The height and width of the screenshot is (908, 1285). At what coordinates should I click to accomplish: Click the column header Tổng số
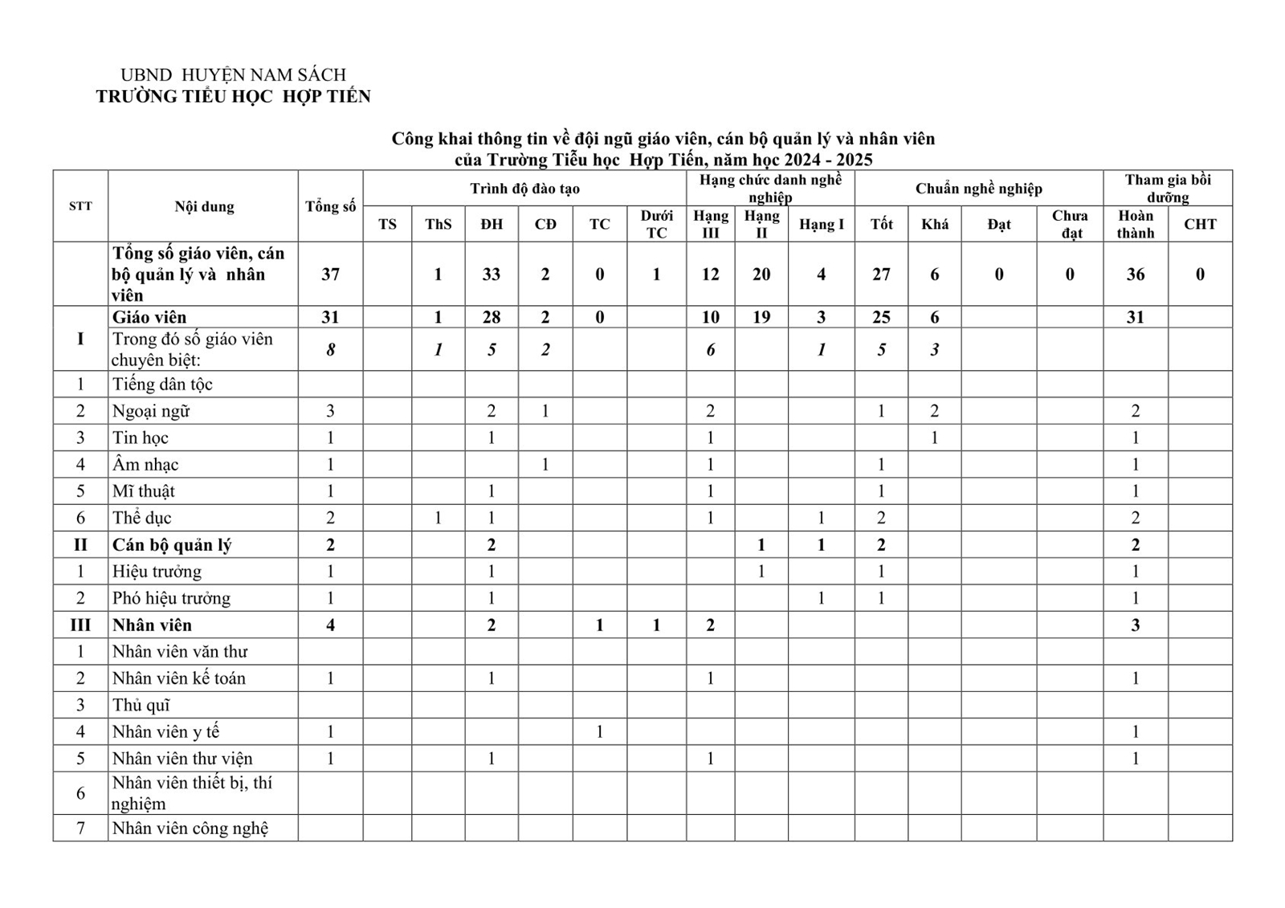330,206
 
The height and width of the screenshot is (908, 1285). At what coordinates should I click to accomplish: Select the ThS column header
438,224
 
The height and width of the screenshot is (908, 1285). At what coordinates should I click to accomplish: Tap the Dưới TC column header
656,224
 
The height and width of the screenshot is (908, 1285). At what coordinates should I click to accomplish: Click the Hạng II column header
761,224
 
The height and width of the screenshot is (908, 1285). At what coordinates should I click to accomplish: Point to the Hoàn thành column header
1135,224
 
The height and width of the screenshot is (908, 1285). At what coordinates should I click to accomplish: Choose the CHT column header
1200,224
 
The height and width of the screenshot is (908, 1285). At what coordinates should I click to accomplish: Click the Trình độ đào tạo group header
524,189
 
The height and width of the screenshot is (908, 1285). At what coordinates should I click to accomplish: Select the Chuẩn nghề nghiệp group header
978,189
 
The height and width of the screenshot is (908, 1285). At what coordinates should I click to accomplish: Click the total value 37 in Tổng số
330,275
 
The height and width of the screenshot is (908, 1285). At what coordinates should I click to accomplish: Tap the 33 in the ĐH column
492,275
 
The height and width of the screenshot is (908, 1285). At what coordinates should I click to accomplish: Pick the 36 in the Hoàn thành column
1135,275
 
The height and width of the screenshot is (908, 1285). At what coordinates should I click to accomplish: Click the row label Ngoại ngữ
151,411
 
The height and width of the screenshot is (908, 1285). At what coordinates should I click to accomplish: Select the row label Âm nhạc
145,464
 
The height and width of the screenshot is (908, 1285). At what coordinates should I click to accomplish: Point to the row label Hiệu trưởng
157,572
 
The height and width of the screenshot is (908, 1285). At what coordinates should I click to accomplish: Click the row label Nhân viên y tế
165,731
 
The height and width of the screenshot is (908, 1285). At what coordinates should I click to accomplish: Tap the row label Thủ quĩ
141,705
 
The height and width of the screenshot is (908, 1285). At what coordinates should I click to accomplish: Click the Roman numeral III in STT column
80,625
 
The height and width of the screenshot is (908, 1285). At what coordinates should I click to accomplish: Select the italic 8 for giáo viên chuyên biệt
330,349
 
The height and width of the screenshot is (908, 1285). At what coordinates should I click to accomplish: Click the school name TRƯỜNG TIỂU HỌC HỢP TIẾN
233,97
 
